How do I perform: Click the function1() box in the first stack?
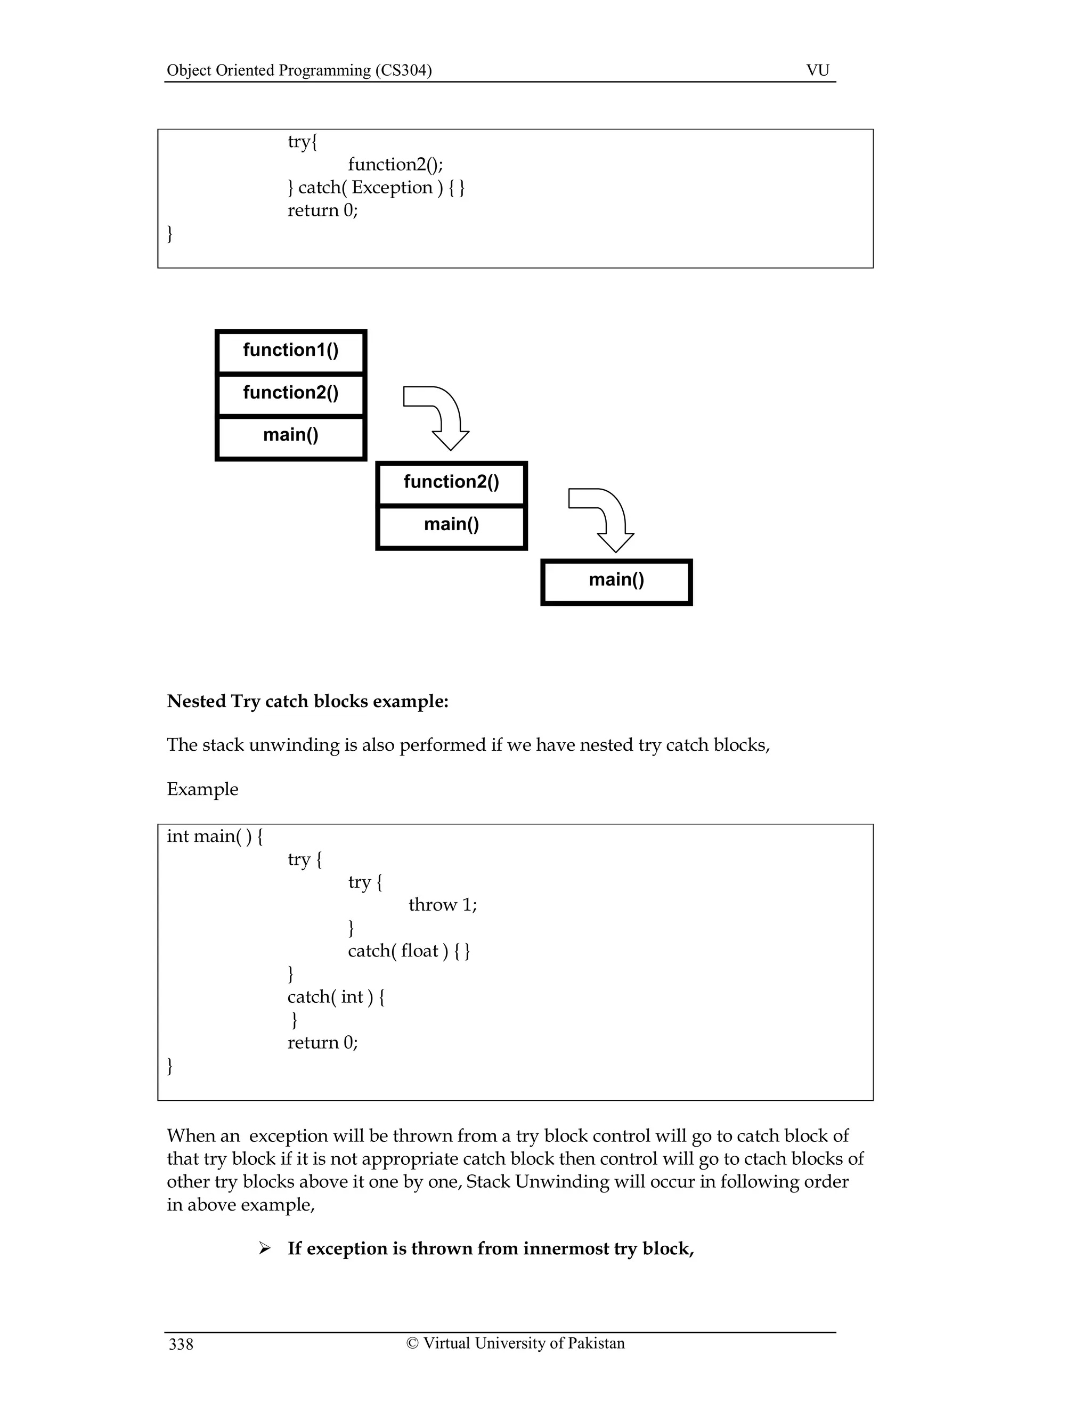[x=291, y=351]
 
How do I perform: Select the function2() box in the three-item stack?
[x=291, y=393]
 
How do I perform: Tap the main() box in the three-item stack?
[x=291, y=435]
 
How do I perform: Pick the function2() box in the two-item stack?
[x=451, y=482]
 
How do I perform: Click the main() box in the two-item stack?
[x=451, y=524]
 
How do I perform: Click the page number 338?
[x=181, y=1345]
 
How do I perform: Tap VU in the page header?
[x=818, y=70]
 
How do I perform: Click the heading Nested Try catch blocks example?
[x=308, y=702]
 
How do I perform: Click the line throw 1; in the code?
[x=443, y=905]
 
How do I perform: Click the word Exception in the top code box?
[x=392, y=188]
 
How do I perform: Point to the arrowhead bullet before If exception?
[x=264, y=1248]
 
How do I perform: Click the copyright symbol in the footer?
[x=412, y=1343]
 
